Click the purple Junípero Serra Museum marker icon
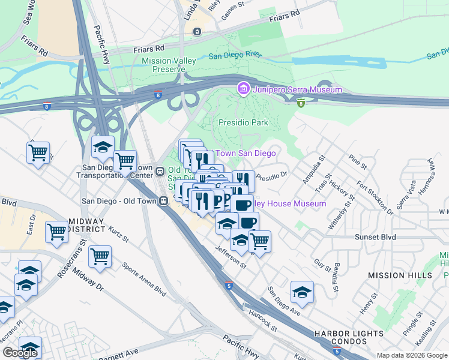[243, 89]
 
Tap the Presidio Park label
[243, 122]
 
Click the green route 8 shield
[301, 103]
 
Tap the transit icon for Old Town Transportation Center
[160, 172]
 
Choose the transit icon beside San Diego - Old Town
[163, 201]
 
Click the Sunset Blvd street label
[376, 237]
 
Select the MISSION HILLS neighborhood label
[400, 275]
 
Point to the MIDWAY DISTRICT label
[70, 226]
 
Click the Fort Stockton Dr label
[374, 197]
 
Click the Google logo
[20, 353]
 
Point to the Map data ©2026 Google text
[412, 355]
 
